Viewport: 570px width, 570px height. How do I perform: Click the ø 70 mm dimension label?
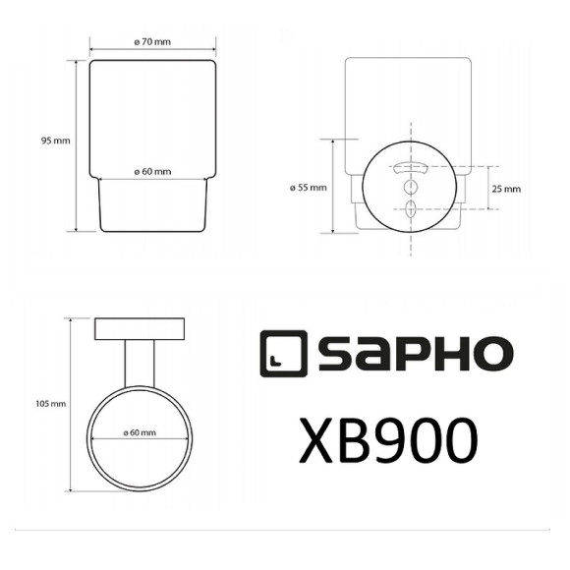pos(152,43)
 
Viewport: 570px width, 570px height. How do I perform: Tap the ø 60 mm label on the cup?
pos(152,172)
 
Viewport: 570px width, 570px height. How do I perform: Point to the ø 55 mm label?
pos(309,187)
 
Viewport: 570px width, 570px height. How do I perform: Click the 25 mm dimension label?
pos(507,187)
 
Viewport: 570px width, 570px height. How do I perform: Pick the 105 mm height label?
pos(51,404)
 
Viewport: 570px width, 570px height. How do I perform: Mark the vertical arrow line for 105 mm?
pos(69,404)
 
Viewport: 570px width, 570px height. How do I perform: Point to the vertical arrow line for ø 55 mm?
pos(334,186)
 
